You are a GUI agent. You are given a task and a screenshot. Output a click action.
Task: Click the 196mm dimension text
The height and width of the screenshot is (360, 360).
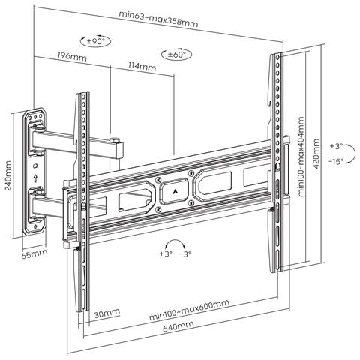pos(70,57)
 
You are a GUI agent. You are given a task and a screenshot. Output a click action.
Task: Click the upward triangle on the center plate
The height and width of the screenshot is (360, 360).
pos(175,190)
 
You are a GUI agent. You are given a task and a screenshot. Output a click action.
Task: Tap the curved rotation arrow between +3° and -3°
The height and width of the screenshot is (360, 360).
pos(176,245)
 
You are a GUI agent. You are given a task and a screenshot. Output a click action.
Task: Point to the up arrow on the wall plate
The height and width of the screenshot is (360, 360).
pos(35,179)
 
